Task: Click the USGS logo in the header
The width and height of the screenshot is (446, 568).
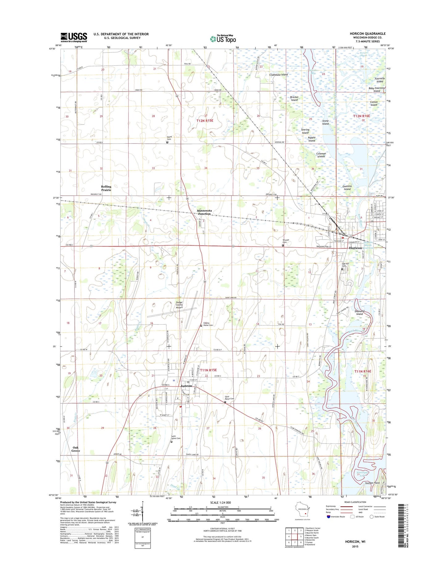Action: [x=73, y=37]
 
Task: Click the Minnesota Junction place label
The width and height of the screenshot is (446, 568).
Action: [x=204, y=212]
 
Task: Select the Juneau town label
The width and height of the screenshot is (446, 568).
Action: [x=186, y=386]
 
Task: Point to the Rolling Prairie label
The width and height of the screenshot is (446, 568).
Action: [x=106, y=188]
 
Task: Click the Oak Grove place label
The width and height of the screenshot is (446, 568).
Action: [x=76, y=449]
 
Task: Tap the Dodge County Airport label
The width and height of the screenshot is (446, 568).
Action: [x=179, y=305]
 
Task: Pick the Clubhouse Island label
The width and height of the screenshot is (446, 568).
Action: [x=278, y=75]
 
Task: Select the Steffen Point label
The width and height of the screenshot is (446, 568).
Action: [x=372, y=483]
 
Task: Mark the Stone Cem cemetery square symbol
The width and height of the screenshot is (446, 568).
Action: [x=167, y=142]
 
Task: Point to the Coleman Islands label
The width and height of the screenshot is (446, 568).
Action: [x=321, y=155]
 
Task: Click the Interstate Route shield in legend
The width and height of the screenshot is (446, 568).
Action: [x=329, y=525]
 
